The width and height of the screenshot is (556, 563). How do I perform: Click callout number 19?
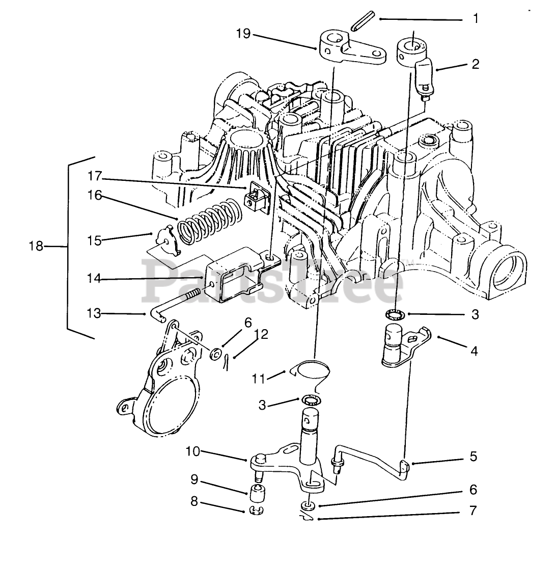coord(243,34)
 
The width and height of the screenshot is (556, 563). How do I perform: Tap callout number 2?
coord(475,64)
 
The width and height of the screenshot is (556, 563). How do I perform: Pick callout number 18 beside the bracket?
coord(36,246)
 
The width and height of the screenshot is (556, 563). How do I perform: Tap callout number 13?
coord(95,314)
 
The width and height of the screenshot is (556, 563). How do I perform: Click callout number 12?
coord(261,334)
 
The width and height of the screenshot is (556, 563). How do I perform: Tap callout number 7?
coord(474,511)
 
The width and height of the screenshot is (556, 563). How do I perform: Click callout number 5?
coord(474,456)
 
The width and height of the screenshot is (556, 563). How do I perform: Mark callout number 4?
coord(474,351)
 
